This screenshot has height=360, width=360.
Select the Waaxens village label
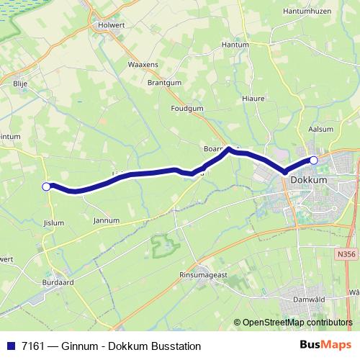pos(143,66)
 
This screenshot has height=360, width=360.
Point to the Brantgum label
pos(164,83)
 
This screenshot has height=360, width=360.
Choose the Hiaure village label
pos(253,98)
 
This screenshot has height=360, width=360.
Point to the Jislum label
pos(54,222)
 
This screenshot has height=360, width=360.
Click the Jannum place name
pos(106,220)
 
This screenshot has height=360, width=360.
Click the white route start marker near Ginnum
pos(46,186)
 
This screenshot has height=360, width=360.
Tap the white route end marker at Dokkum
pos(313,160)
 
